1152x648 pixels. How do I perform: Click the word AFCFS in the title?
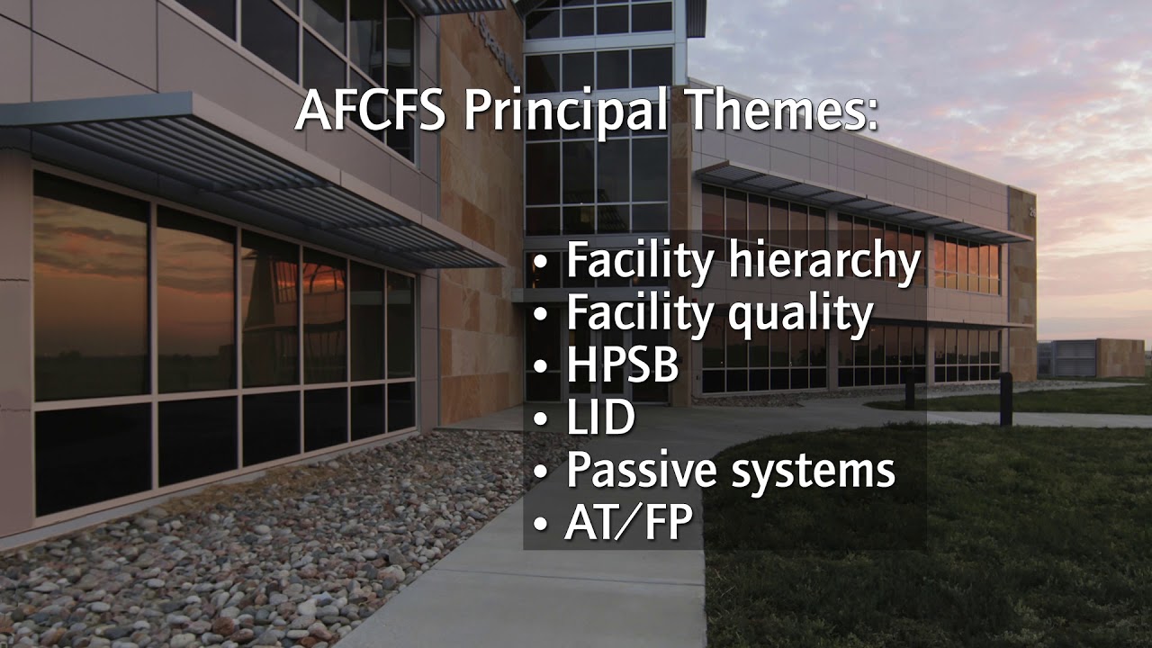(372, 111)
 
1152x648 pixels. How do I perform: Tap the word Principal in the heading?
(564, 111)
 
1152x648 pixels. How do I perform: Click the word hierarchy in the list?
(824, 262)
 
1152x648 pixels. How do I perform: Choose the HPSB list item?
(621, 366)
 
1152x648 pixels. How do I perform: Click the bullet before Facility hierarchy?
(540, 264)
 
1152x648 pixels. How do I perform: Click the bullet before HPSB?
(540, 368)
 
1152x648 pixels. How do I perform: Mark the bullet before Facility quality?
(540, 316)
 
